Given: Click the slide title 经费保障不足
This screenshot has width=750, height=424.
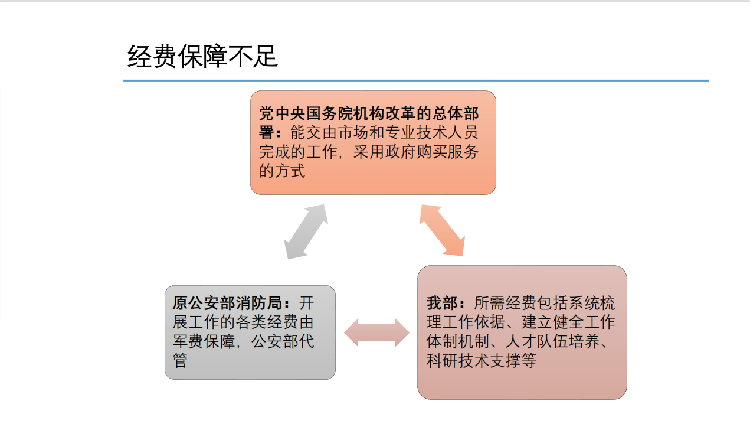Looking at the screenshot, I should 202,57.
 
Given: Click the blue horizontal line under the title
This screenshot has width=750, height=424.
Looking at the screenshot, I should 415,81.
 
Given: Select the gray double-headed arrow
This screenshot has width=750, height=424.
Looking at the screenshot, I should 306,231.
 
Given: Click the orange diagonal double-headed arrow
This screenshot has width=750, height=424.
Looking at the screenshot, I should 442,230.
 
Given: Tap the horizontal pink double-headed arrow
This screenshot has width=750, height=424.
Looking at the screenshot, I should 376,332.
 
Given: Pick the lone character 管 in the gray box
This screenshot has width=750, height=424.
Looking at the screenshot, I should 180,360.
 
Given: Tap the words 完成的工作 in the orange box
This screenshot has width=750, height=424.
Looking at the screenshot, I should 297,152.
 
